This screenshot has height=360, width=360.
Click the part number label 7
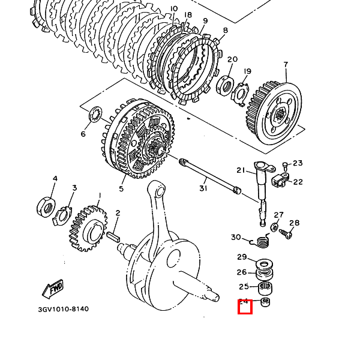tap(286, 65)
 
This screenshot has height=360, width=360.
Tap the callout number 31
tap(203, 188)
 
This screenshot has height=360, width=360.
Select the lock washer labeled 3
tap(63, 215)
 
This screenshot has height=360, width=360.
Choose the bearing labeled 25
tap(265, 288)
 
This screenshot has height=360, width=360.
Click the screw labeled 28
tap(289, 235)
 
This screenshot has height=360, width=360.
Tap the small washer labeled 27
tap(274, 227)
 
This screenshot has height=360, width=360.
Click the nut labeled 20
tap(226, 85)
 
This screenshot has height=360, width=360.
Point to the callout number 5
tap(121, 188)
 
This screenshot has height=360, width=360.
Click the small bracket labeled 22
tap(281, 180)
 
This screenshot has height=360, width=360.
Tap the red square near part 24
tap(245, 307)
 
